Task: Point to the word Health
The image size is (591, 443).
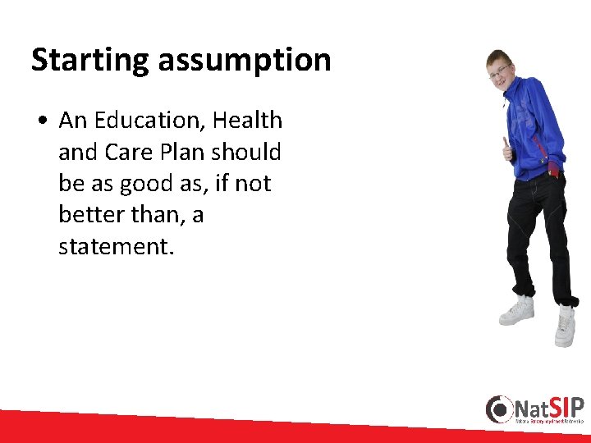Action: tap(247, 121)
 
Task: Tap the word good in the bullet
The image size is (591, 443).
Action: tap(142, 184)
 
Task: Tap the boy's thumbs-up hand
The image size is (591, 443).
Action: tap(507, 150)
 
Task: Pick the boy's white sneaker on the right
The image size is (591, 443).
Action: tap(565, 325)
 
